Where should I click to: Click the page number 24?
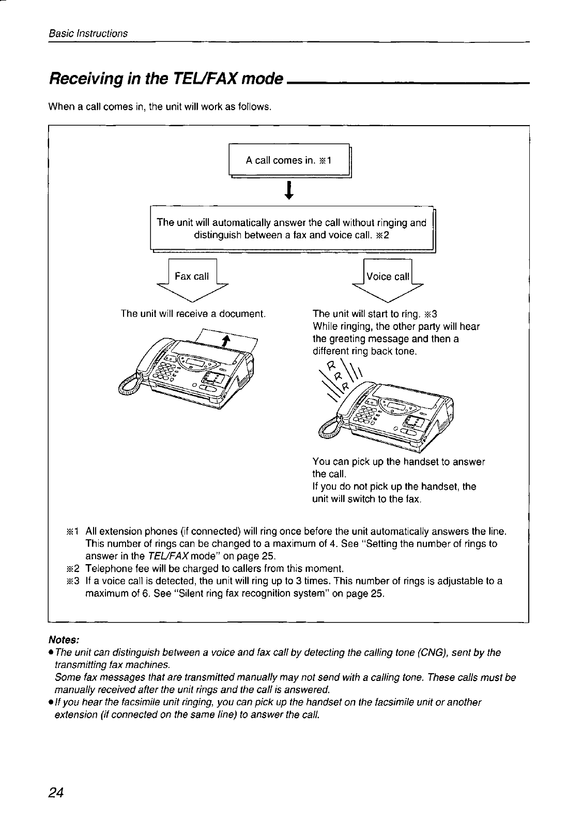(56, 793)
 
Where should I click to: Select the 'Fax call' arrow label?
(192, 276)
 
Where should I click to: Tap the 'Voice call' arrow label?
(388, 277)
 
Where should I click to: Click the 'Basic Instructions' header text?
(88, 34)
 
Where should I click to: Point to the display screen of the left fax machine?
(198, 361)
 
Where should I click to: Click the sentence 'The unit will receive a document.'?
(193, 314)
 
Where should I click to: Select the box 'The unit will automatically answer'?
(292, 229)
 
